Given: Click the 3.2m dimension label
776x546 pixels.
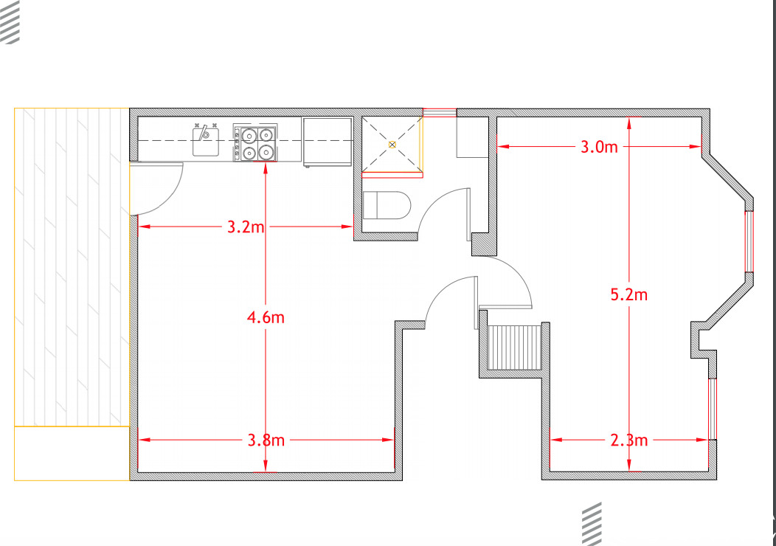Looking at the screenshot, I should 246,227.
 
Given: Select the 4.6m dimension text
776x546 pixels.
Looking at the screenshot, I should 266,317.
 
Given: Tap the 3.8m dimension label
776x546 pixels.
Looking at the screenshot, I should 266,440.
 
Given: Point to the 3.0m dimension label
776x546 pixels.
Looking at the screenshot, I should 598,147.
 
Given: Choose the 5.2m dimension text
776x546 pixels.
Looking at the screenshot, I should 629,295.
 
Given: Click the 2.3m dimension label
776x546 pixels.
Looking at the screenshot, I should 629,440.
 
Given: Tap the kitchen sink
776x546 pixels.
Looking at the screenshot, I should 207,140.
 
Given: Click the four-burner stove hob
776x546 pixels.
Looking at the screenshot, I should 255,143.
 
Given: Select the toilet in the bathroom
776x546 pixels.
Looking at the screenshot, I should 386,205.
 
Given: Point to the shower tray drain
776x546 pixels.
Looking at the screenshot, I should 392,144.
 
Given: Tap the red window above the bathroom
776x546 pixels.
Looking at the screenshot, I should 440,113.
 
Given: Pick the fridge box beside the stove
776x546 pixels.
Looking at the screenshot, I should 327,140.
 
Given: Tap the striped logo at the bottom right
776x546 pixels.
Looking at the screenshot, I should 592,523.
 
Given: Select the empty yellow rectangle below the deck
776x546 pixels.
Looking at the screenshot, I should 72,453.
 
